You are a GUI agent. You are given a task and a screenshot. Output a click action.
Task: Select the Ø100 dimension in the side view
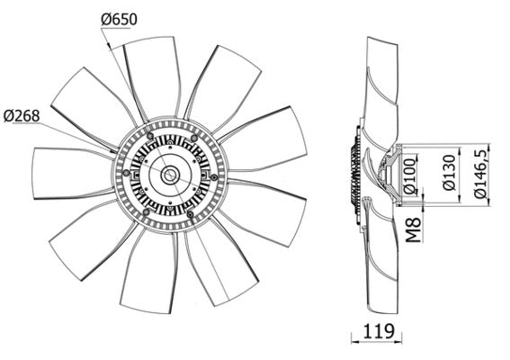409,178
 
